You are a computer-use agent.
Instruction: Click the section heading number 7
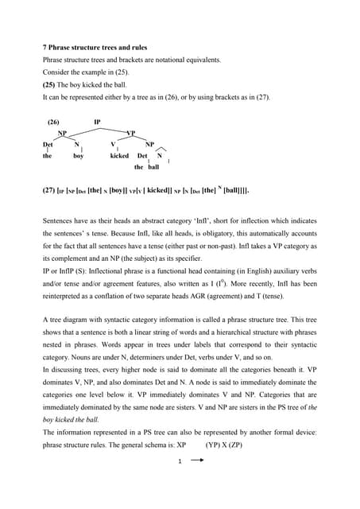(45, 47)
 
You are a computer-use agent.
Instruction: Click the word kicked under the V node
(119, 157)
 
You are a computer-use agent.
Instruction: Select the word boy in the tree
(78, 157)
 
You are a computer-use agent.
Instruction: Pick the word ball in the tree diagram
(153, 168)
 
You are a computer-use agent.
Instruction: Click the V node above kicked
(113, 144)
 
